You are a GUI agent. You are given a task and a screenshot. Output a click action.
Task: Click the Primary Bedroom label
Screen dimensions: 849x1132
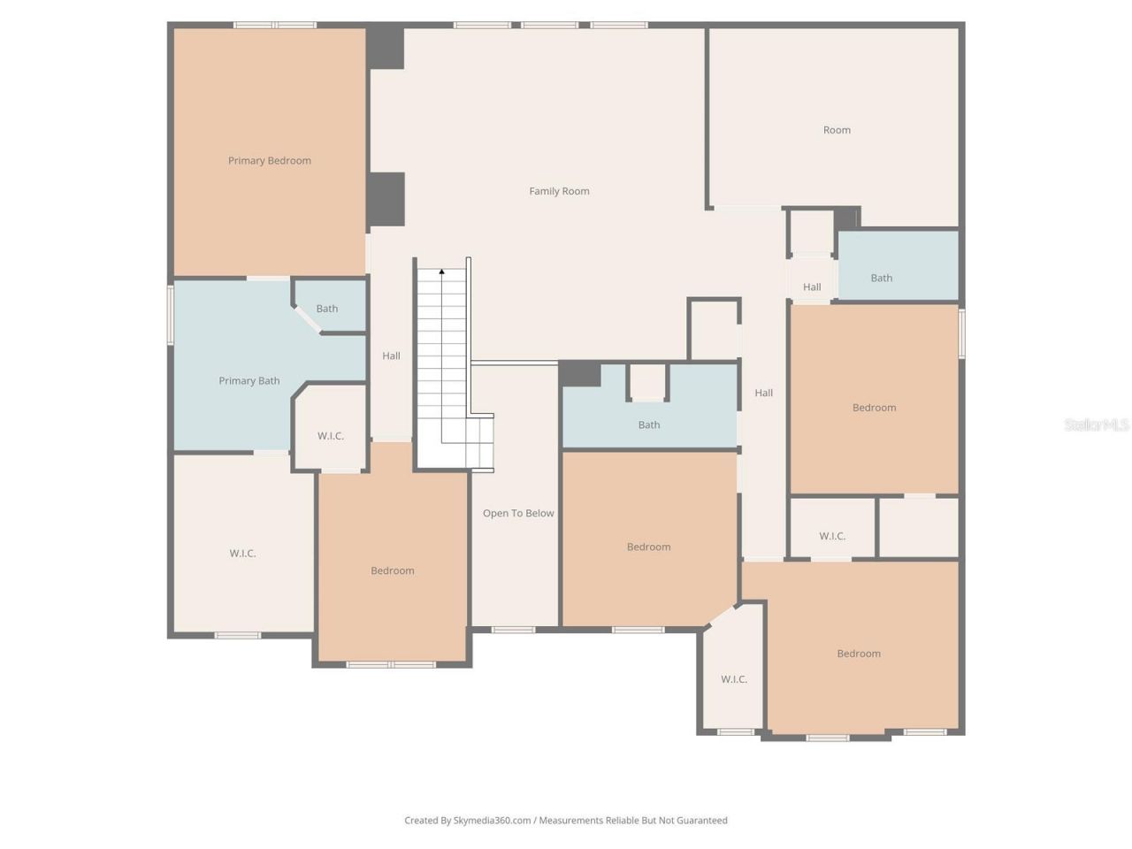(270, 161)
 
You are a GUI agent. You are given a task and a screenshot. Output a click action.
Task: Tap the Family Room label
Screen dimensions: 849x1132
(559, 191)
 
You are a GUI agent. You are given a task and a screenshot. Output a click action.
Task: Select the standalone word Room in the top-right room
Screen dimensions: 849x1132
(837, 130)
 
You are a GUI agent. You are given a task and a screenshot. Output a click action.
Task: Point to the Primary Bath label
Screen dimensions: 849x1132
(249, 381)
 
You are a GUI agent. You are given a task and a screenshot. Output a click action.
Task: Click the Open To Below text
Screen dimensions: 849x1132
(518, 513)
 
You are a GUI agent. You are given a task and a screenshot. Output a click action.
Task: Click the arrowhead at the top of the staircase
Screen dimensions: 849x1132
(442, 272)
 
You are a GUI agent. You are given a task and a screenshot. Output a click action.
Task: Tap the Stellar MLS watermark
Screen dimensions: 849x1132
(1096, 425)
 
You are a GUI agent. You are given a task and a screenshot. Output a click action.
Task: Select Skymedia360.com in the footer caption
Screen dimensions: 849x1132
(492, 821)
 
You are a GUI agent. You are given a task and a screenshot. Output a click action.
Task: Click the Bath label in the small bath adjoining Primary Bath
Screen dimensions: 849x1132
(327, 309)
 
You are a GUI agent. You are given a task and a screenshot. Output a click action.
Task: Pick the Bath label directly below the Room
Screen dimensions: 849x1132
(882, 278)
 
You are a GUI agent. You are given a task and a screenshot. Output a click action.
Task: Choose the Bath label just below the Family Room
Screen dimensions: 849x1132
(649, 424)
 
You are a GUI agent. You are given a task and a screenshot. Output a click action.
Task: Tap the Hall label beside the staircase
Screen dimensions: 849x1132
(391, 356)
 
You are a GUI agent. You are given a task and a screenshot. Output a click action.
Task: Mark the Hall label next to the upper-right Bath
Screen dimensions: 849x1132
(812, 287)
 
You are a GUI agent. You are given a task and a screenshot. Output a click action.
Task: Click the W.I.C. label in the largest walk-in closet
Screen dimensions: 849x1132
(242, 554)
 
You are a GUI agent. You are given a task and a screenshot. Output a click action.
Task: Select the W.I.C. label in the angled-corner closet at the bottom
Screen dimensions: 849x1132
(734, 679)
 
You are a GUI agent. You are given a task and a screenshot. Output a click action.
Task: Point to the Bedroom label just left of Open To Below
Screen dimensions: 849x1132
(393, 570)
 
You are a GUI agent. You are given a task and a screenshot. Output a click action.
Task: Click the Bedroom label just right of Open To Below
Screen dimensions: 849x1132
(648, 547)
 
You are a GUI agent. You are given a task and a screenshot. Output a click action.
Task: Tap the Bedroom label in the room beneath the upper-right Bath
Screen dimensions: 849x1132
(874, 408)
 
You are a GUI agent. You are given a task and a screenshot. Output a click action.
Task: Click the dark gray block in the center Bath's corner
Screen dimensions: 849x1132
(580, 374)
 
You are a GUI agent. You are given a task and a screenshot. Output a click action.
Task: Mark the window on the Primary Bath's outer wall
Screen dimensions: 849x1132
(171, 314)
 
